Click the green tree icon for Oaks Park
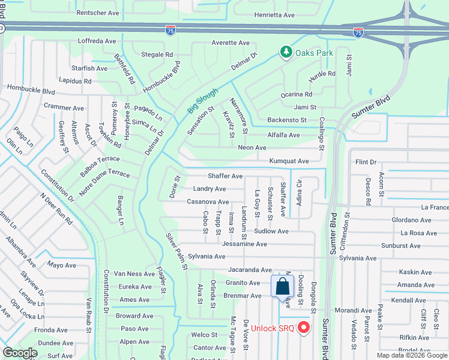[x=286, y=53]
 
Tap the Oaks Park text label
[x=316, y=53]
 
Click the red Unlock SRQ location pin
[x=303, y=328]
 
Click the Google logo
[x=20, y=353]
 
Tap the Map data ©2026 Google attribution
[x=412, y=355]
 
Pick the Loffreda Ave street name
[x=97, y=41]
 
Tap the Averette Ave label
[x=230, y=43]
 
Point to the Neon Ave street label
[x=252, y=148]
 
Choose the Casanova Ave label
[x=207, y=202]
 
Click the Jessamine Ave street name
[x=245, y=244]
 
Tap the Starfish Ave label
[x=89, y=68]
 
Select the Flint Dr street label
[x=365, y=162]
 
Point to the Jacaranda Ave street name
[x=250, y=271]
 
